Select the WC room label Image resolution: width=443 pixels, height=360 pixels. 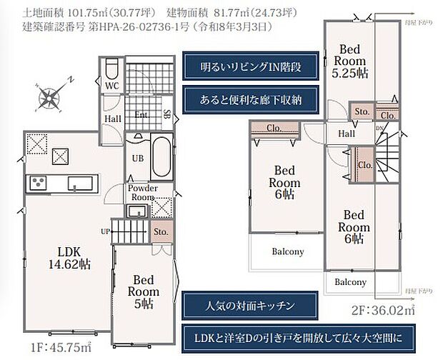pyautogui.click(x=111, y=86)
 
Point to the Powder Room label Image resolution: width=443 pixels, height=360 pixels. pyautogui.click(x=142, y=192)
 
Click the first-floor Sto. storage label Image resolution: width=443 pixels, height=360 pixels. pyautogui.click(x=159, y=231)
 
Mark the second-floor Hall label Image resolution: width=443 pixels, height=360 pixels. pyautogui.click(x=347, y=134)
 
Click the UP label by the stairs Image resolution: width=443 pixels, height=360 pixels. pyautogui.click(x=106, y=231)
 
